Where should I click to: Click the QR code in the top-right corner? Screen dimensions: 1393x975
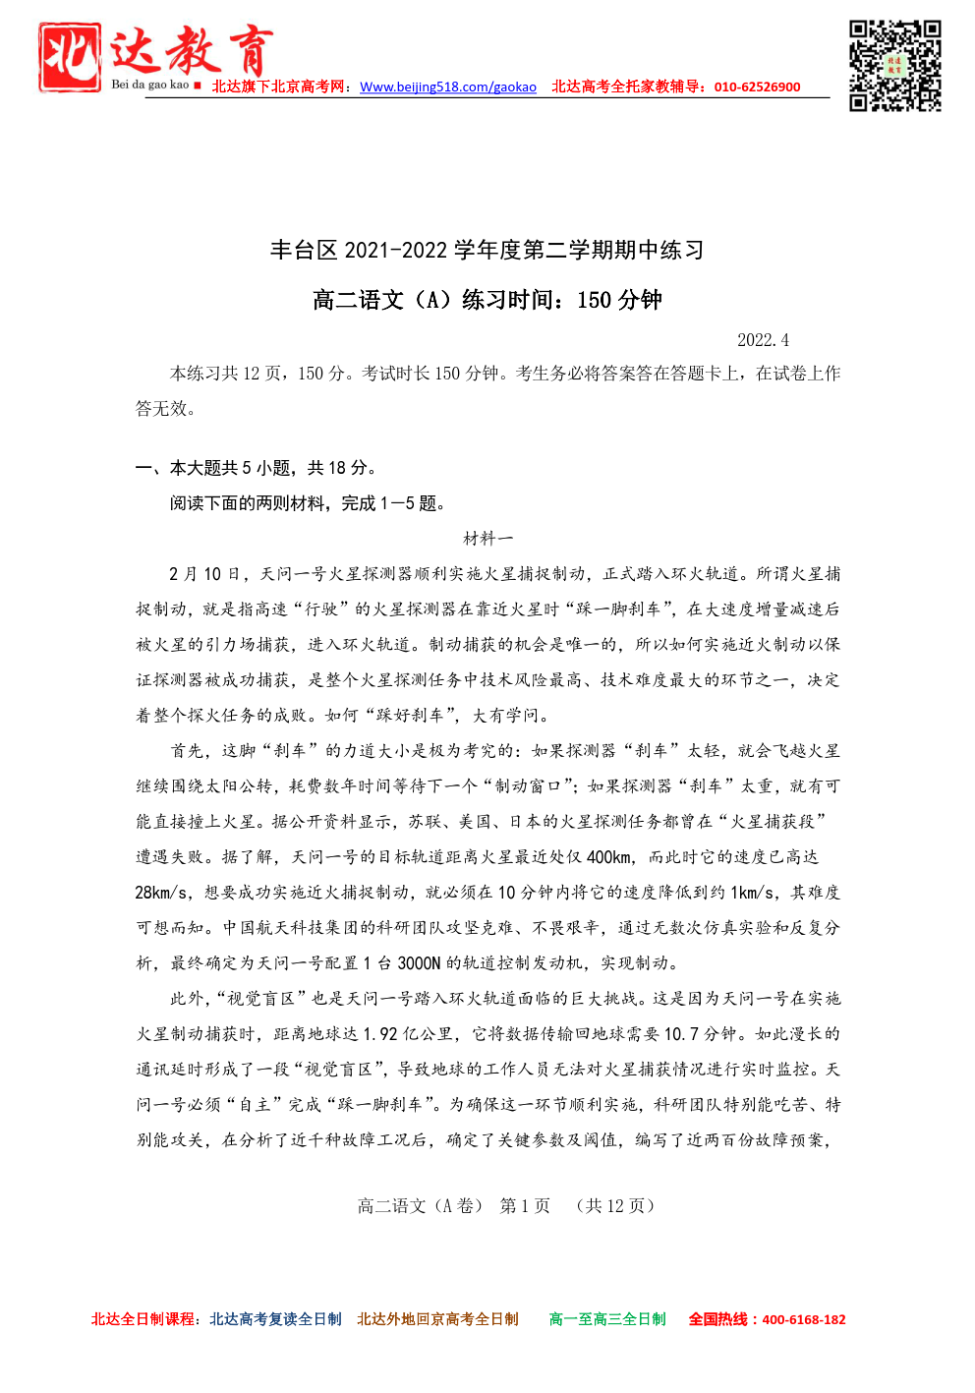click(x=894, y=65)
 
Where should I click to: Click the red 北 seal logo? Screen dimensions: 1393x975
click(x=69, y=57)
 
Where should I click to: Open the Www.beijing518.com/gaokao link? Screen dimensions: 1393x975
click(x=448, y=87)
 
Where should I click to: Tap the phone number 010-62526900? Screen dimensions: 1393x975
click(x=757, y=87)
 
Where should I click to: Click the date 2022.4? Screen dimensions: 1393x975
click(x=763, y=340)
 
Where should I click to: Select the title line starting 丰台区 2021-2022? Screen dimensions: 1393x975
click(x=487, y=250)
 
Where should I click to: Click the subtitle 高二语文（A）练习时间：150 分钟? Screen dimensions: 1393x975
click(x=487, y=300)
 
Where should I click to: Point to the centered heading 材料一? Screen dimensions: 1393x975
click(x=487, y=539)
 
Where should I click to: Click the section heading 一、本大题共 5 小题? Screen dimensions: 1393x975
click(x=257, y=468)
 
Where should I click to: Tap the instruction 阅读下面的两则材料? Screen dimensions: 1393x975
click(x=308, y=503)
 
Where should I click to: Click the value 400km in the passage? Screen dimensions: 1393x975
click(x=609, y=857)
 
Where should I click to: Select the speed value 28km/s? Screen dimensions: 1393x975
click(x=162, y=893)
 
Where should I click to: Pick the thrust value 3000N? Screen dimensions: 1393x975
click(x=419, y=963)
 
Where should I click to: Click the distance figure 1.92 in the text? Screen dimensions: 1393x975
click(x=380, y=1034)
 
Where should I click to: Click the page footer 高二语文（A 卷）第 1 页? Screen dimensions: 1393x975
click(x=505, y=1206)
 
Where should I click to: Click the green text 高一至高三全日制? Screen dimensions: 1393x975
click(x=606, y=1320)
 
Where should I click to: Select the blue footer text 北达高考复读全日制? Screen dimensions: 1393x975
click(x=275, y=1320)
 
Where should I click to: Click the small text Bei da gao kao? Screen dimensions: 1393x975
click(x=149, y=85)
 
